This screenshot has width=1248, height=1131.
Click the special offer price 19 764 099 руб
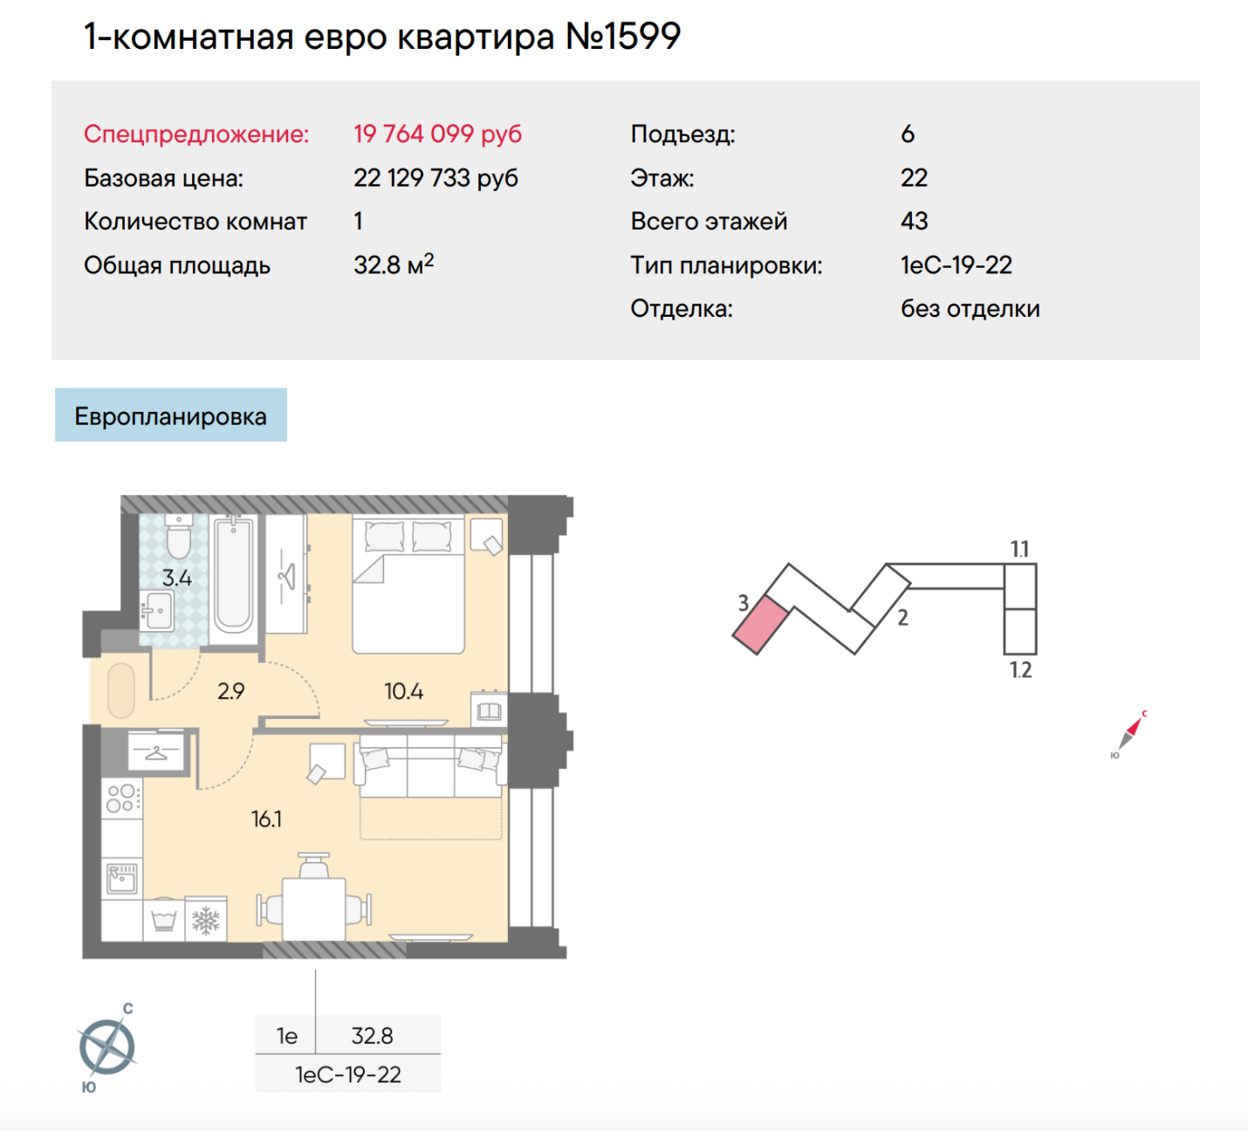[437, 134]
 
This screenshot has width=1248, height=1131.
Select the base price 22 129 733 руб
[435, 178]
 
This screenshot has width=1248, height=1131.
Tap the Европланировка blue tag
[171, 415]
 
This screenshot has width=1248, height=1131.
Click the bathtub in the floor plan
[233, 576]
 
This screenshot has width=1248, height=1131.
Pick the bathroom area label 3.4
[177, 578]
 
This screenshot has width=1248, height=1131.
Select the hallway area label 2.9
[230, 691]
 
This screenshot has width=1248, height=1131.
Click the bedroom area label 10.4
[404, 691]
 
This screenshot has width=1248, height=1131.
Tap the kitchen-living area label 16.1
[266, 819]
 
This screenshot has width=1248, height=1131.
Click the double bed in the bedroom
[408, 584]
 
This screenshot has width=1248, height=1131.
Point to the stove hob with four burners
[122, 799]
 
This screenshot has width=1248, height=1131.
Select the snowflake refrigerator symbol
[206, 921]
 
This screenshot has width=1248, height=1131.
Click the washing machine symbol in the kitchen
[163, 920]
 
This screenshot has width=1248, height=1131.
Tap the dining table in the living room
[313, 909]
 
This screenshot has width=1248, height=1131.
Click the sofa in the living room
[430, 766]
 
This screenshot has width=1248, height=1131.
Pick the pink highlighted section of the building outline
[761, 625]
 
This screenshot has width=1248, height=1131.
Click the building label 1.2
[1019, 670]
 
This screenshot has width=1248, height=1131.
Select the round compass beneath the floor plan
[107, 1047]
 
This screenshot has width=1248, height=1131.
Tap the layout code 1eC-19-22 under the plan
[347, 1074]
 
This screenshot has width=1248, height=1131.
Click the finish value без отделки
[970, 309]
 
